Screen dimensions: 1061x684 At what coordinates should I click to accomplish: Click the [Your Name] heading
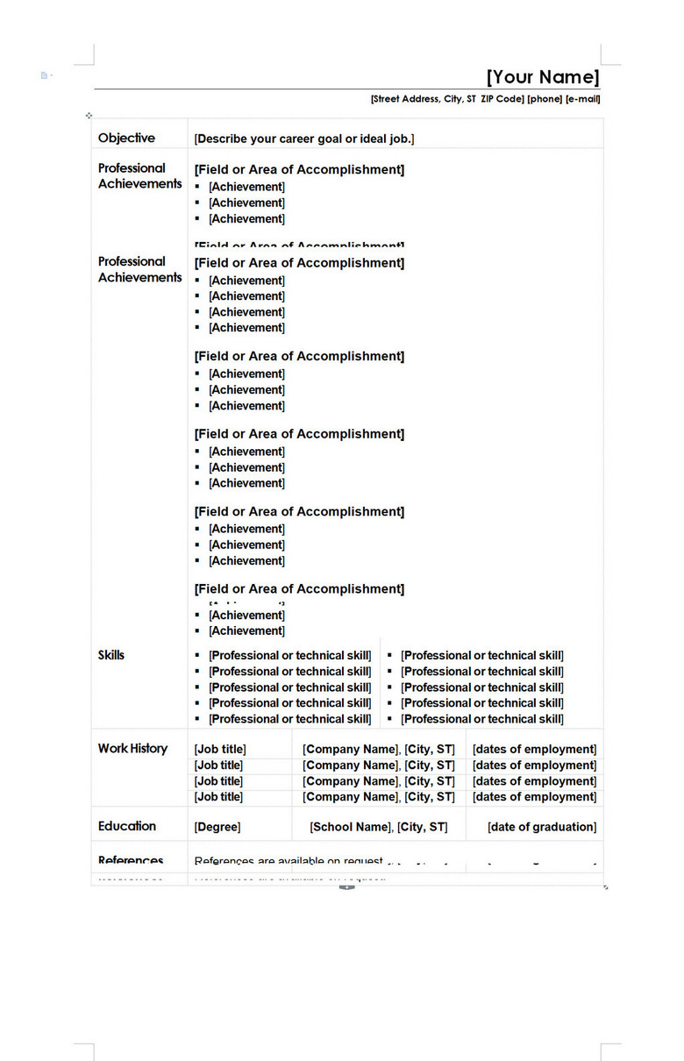(x=543, y=76)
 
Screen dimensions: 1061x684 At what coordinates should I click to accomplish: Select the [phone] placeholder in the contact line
(x=545, y=99)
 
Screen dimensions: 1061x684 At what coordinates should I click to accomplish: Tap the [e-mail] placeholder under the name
(x=583, y=99)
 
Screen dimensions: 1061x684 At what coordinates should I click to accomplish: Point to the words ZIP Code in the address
(x=502, y=99)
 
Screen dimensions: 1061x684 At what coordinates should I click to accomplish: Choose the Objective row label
(x=126, y=138)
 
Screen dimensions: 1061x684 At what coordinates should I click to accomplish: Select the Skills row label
(x=111, y=655)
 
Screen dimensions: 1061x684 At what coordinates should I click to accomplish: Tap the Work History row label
(x=132, y=748)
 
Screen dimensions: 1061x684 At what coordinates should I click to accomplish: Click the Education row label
(x=127, y=826)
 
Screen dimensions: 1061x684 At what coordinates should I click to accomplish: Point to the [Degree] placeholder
(x=217, y=827)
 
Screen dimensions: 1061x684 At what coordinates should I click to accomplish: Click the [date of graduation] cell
(x=542, y=827)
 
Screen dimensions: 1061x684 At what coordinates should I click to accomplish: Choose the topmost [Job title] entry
(x=220, y=749)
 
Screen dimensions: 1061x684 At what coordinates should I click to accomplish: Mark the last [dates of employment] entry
(x=534, y=797)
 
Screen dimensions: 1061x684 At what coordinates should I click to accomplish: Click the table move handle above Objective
(x=89, y=115)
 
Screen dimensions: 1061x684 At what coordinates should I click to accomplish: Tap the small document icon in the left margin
(x=44, y=75)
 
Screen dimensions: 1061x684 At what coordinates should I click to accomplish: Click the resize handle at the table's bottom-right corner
(x=606, y=887)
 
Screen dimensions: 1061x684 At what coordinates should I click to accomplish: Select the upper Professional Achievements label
(x=139, y=175)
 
